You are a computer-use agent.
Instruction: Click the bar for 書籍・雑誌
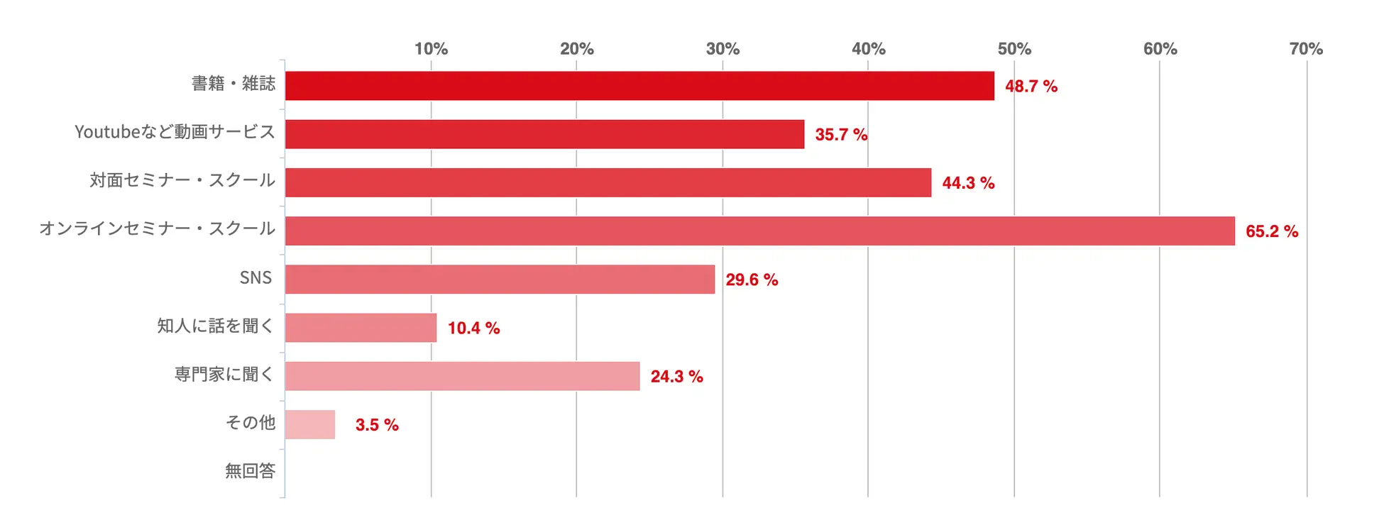tap(639, 86)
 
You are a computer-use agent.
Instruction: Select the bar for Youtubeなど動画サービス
tap(544, 134)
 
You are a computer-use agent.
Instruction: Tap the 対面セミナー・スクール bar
tap(608, 182)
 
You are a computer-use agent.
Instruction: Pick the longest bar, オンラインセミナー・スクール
tap(759, 231)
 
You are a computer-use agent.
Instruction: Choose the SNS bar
tap(500, 279)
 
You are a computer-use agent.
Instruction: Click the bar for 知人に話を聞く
tap(361, 328)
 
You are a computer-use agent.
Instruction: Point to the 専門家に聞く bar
tap(462, 376)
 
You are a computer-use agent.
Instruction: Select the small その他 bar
tap(310, 424)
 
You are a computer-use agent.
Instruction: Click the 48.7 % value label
tap(1031, 87)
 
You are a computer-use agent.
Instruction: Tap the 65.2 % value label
tap(1271, 231)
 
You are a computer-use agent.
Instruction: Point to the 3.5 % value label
tap(376, 425)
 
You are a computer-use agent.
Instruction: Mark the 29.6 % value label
tap(751, 280)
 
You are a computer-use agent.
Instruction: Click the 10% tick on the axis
tap(431, 49)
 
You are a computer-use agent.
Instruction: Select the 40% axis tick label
tap(868, 49)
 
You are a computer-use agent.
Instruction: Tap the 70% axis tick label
tap(1305, 49)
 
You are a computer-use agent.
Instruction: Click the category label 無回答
tap(250, 471)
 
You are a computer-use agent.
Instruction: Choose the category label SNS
tap(256, 277)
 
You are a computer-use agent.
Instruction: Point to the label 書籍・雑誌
tap(233, 84)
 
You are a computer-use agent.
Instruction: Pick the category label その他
tap(250, 423)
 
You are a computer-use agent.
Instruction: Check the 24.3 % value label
tap(676, 377)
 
